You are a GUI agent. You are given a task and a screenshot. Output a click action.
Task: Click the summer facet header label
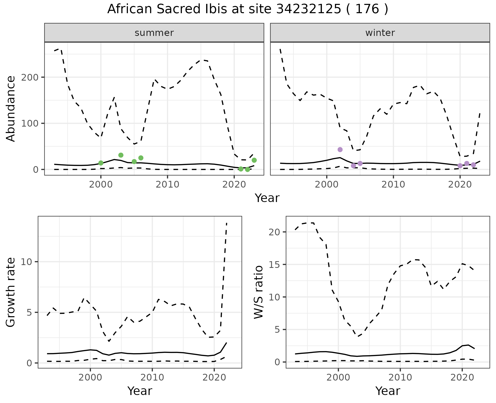click(154, 33)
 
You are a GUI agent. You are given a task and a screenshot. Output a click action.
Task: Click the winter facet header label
click(380, 33)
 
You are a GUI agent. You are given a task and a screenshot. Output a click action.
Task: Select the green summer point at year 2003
click(121, 155)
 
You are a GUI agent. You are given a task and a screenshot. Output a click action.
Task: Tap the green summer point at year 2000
click(101, 163)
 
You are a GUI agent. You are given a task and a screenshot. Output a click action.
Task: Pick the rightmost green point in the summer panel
click(254, 160)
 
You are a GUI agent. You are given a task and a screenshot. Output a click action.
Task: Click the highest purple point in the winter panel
click(340, 150)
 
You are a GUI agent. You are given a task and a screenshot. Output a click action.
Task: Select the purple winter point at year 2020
click(460, 166)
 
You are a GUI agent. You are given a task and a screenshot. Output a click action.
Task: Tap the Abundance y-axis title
click(11, 109)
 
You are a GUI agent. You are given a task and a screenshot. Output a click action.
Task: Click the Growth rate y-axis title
click(11, 292)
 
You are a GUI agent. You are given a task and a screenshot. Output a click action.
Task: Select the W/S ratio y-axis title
click(259, 292)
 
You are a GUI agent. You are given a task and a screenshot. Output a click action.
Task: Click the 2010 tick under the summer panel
click(167, 184)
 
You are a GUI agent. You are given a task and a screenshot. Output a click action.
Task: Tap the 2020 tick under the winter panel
click(460, 184)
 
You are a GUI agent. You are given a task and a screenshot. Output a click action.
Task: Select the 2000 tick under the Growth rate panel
click(90, 377)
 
